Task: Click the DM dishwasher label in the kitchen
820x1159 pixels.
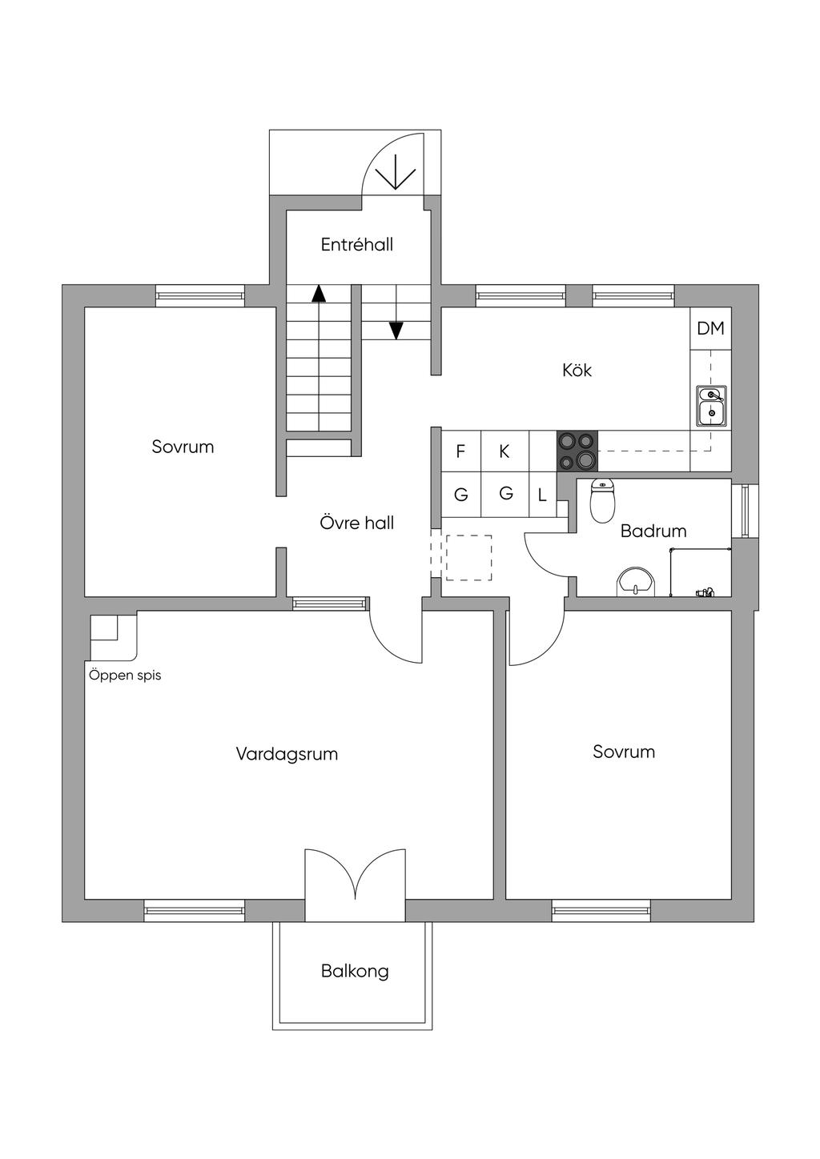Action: coord(710,328)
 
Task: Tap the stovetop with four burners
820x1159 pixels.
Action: coord(577,450)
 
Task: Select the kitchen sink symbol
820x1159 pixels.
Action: coord(710,405)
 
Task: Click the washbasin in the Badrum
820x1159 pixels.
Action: coord(636,582)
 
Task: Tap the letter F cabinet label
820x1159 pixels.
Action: coord(460,451)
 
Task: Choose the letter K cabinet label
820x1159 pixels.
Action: coord(504,451)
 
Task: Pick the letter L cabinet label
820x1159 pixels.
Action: coord(542,495)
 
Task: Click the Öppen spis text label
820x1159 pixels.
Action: coord(125,675)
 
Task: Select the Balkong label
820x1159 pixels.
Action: coord(355,971)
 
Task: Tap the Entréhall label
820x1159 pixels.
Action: coord(357,245)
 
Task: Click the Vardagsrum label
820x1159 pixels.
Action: coord(287,754)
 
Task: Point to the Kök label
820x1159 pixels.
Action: coord(577,371)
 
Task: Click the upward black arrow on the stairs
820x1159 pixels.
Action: coord(319,293)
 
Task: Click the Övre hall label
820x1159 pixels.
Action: coord(357,523)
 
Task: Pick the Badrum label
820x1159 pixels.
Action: coord(653,531)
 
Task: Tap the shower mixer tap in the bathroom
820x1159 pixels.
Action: coord(704,592)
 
